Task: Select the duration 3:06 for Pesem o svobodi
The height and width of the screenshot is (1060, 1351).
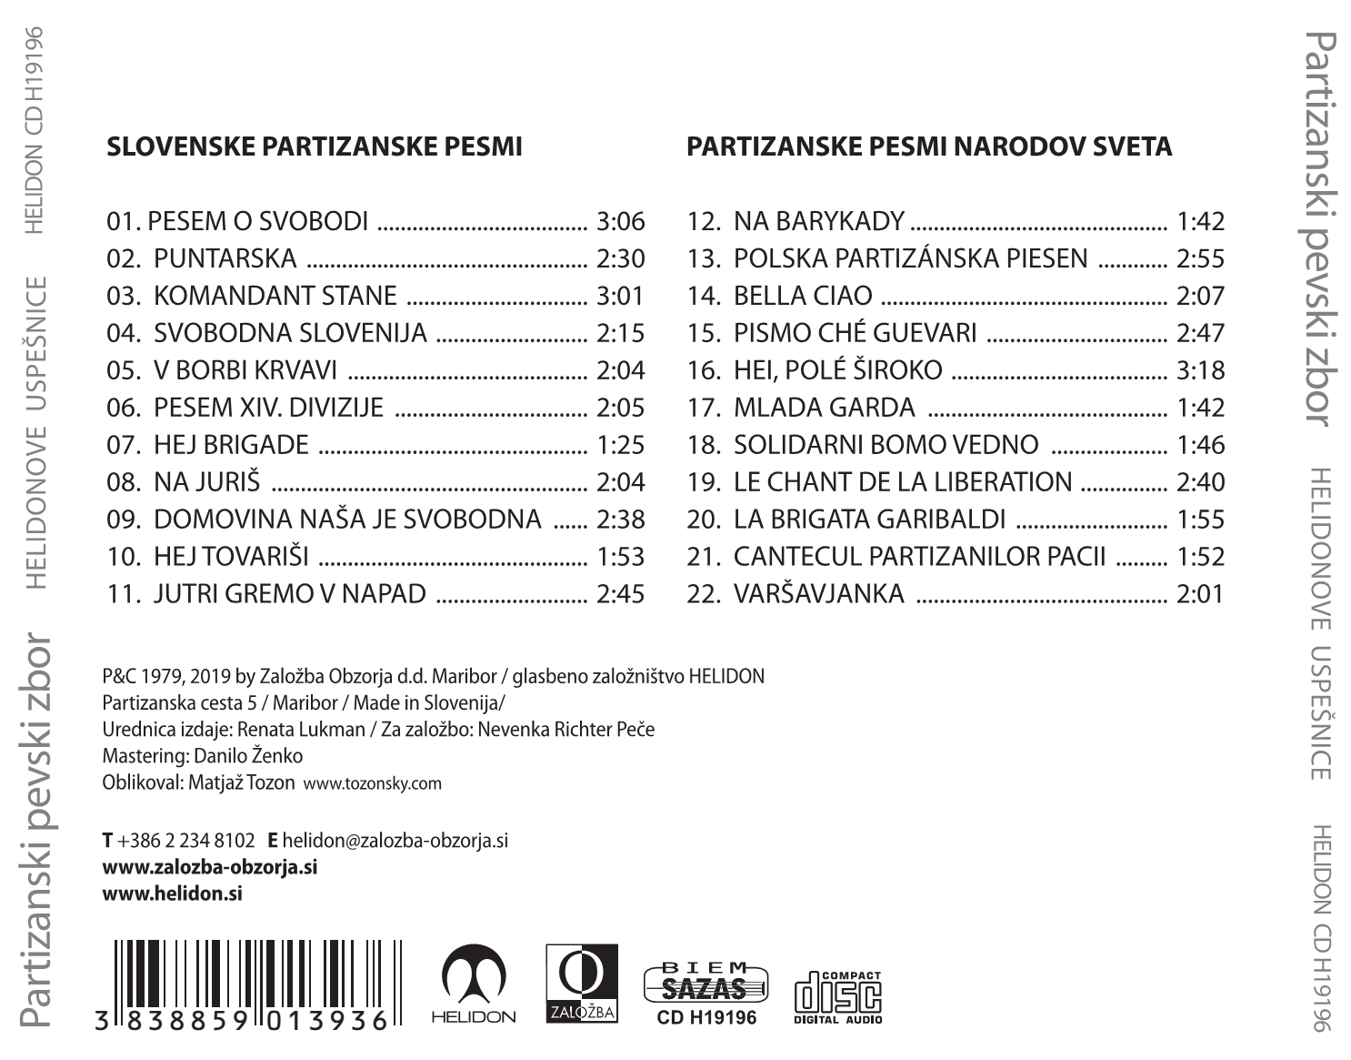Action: point(620,221)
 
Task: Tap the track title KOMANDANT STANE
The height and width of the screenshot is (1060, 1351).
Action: point(275,296)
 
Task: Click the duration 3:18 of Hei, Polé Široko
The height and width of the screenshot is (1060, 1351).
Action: point(1200,370)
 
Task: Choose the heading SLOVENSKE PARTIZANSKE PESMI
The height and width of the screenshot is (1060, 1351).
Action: point(315,146)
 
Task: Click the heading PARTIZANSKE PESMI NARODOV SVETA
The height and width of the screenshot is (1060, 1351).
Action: point(929,146)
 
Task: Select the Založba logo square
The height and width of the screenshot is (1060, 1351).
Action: point(581,983)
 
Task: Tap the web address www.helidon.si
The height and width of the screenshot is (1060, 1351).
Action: point(173,893)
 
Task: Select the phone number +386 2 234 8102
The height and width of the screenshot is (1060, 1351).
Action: point(186,841)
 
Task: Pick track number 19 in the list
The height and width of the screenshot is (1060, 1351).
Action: point(703,482)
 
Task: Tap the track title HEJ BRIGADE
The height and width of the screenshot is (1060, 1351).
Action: point(231,445)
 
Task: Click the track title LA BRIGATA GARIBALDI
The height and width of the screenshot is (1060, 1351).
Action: point(869,520)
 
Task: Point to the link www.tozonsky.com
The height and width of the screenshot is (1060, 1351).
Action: point(373,783)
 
